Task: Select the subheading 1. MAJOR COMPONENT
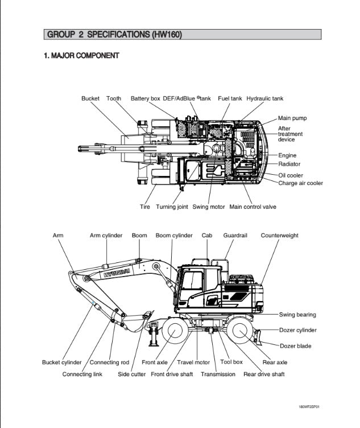pyautogui.click(x=81, y=56)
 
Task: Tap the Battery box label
pyautogui.click(x=145, y=98)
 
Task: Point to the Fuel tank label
pyautogui.click(x=230, y=98)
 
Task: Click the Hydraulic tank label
pyautogui.click(x=264, y=98)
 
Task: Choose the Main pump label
pyautogui.click(x=292, y=118)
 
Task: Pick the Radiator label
pyautogui.click(x=289, y=164)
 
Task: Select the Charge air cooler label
pyautogui.click(x=300, y=183)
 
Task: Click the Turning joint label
pyautogui.click(x=172, y=207)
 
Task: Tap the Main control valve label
pyautogui.click(x=253, y=207)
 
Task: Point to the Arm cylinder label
pyautogui.click(x=106, y=236)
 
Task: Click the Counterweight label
pyautogui.click(x=279, y=236)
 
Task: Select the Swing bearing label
pyautogui.click(x=297, y=315)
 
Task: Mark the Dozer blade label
pyautogui.click(x=295, y=346)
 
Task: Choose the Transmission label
pyautogui.click(x=218, y=374)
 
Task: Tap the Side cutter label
pyautogui.click(x=131, y=374)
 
